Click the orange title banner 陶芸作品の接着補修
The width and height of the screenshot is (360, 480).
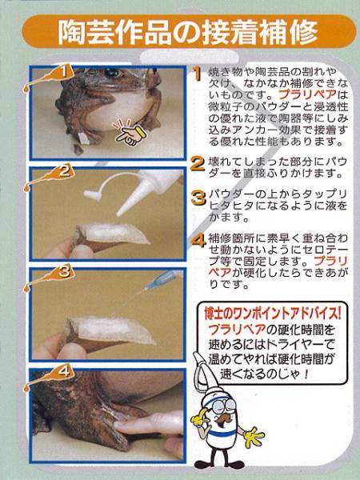coord(189,32)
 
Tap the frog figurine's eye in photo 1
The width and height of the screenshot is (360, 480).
coord(111,72)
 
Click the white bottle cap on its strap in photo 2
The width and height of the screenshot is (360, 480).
coord(92,195)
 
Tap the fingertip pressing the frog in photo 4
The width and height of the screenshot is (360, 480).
coord(122,425)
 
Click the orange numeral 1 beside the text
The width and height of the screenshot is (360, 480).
coord(198,74)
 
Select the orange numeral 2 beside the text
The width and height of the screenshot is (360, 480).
coord(198,164)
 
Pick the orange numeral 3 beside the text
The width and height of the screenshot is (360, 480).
coord(198,198)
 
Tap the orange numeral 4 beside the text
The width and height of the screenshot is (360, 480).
coord(198,241)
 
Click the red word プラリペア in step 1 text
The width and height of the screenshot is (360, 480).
coord(307,94)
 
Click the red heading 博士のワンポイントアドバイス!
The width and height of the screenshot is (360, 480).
coord(272,313)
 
